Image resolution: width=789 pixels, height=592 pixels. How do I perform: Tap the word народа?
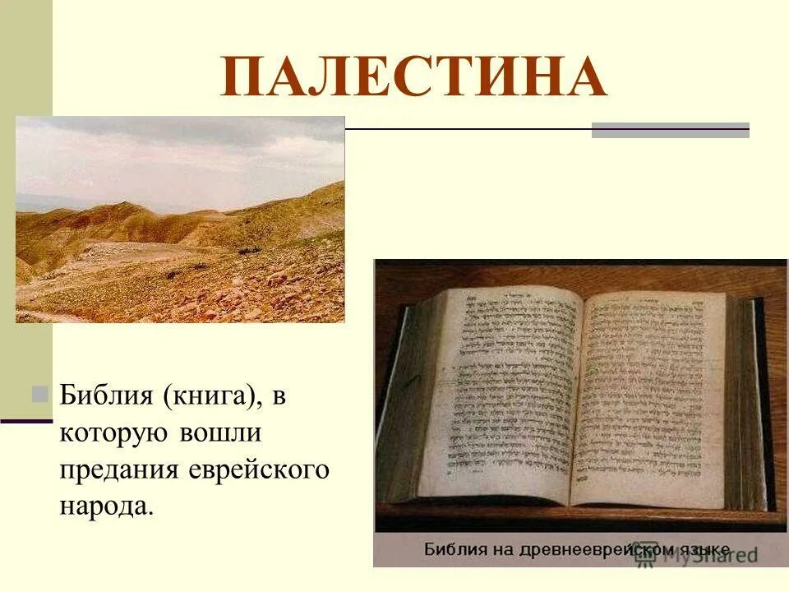click(x=106, y=506)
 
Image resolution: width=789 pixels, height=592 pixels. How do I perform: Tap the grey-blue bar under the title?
click(x=670, y=130)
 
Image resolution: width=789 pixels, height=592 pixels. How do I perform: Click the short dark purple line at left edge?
click(x=26, y=421)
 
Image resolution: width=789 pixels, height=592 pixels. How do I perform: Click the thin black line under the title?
click(x=468, y=129)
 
